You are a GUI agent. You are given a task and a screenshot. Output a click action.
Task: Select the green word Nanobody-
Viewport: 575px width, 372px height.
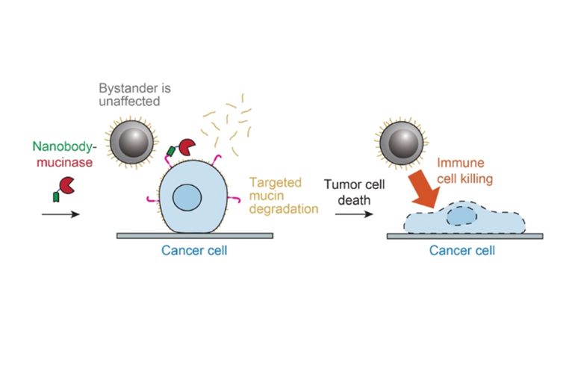point(60,149)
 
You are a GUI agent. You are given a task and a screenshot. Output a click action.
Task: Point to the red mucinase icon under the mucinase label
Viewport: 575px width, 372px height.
point(66,185)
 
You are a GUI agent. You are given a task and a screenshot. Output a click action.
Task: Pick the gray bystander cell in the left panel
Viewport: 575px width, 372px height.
point(133,142)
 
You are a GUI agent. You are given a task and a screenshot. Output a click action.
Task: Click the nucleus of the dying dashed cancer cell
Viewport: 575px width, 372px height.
point(460,216)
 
